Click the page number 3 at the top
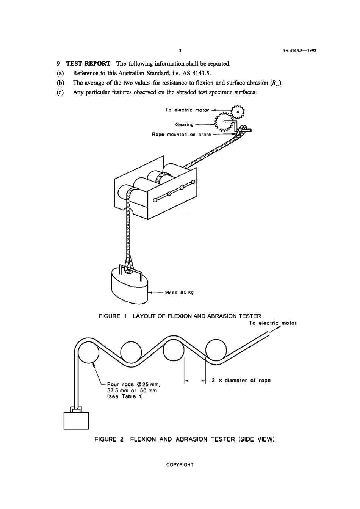pos(180,50)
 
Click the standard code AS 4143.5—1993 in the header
pos(299,50)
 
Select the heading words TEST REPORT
pos(88,64)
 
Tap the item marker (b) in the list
pos(60,83)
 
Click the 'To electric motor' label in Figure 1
pos(187,110)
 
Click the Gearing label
pos(184,125)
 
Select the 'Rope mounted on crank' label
pos(182,135)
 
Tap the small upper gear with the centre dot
pos(238,112)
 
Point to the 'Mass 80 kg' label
pos(179,293)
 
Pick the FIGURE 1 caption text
pos(180,316)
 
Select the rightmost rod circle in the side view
pos(216,350)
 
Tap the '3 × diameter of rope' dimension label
pos(241,381)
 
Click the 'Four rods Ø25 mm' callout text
pos(134,385)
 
